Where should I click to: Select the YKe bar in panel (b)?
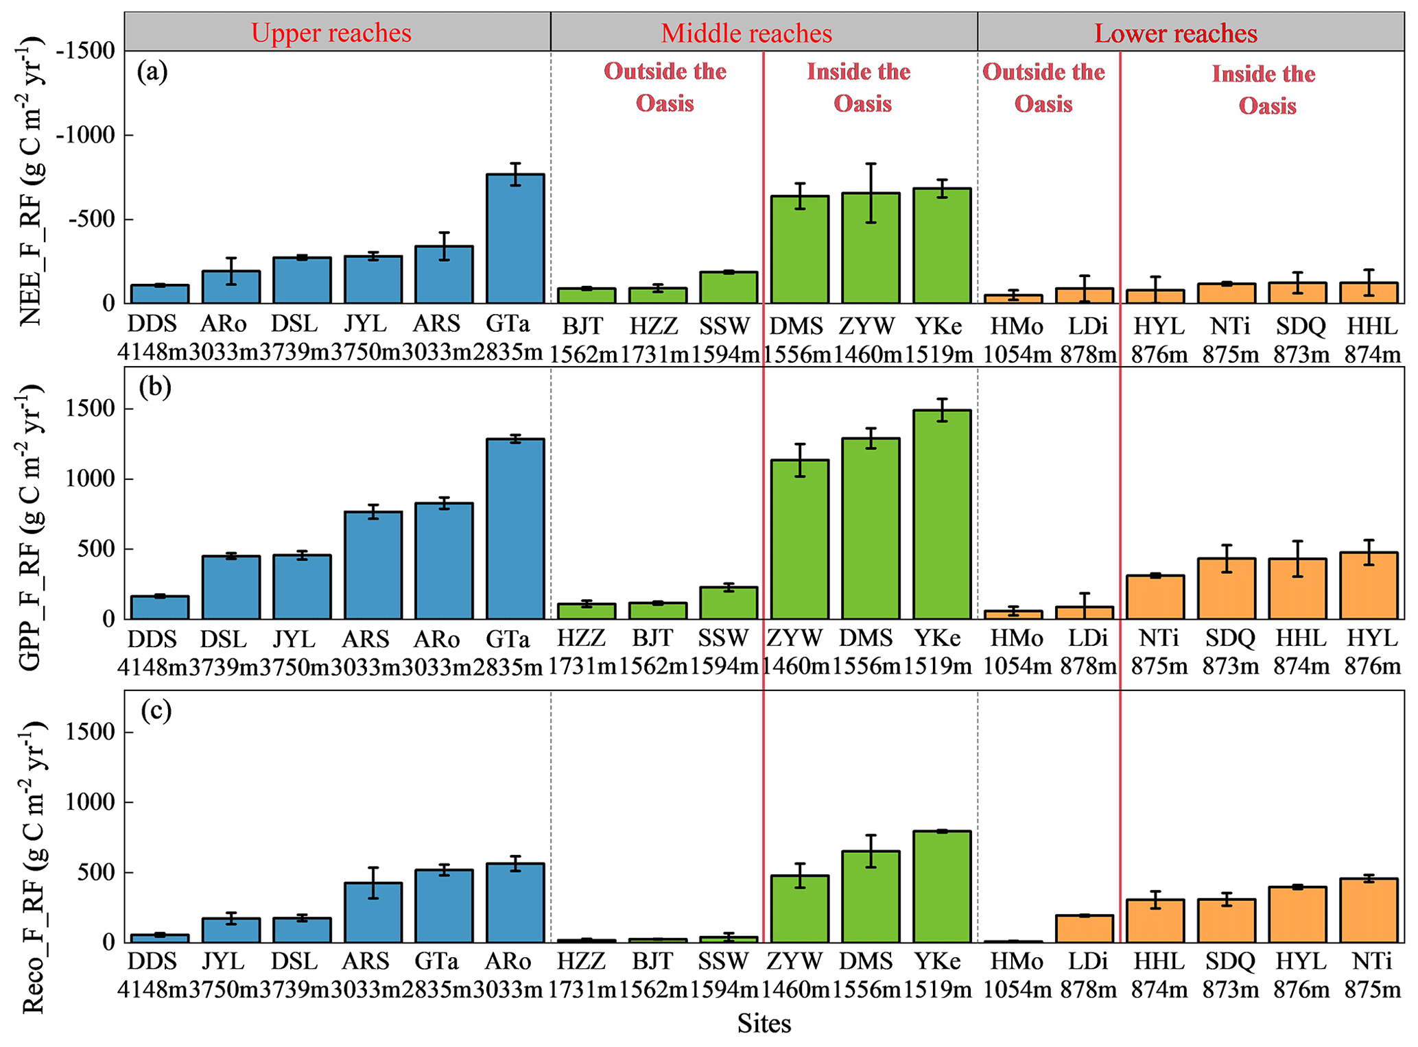pos(942,514)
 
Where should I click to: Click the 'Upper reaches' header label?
pos(331,33)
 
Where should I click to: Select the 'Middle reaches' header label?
pos(746,33)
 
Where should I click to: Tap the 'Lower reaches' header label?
pos(1175,33)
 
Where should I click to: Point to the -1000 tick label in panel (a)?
pos(85,135)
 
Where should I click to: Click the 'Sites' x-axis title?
pos(764,1024)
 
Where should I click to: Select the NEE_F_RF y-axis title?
pos(31,178)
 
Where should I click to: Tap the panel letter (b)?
pos(155,387)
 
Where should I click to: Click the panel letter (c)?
pos(156,710)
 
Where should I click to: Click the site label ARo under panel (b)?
pos(436,639)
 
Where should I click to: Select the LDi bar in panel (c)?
pos(1085,929)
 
